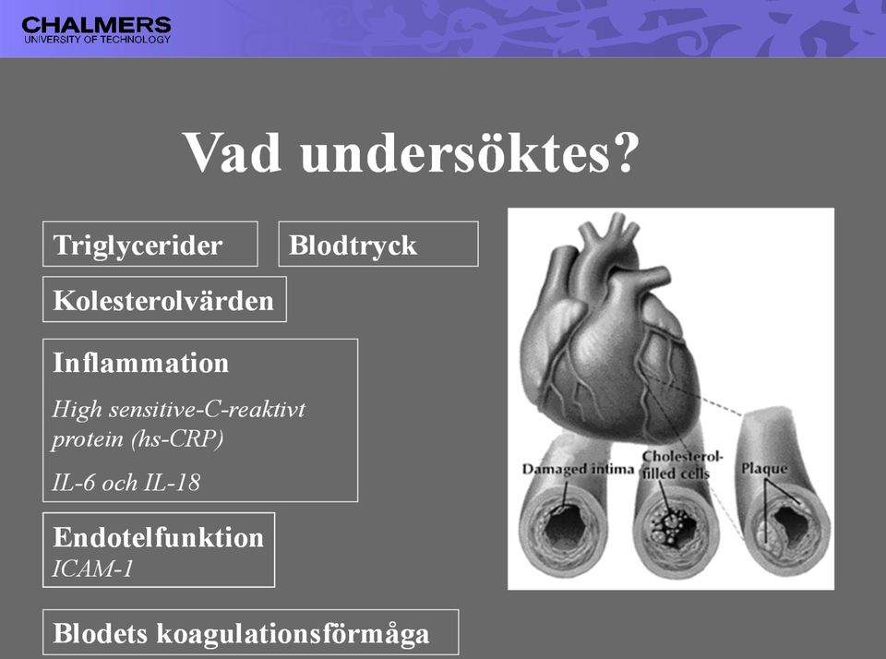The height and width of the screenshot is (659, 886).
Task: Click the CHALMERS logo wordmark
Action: (96, 26)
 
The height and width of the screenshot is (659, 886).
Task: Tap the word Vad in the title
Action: (233, 152)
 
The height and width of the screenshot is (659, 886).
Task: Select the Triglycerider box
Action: (150, 245)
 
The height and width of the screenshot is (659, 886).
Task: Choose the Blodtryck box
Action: (378, 245)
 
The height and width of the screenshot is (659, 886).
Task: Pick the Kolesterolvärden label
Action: (163, 300)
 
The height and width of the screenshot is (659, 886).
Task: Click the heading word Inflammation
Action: (140, 363)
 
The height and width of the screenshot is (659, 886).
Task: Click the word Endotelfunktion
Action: (158, 537)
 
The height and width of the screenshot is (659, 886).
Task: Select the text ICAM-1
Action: (92, 569)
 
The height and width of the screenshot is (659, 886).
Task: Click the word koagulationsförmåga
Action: (293, 634)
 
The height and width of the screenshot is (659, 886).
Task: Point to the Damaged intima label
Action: (578, 469)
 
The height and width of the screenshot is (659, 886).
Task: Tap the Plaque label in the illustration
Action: (764, 469)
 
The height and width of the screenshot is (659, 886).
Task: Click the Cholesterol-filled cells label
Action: (681, 464)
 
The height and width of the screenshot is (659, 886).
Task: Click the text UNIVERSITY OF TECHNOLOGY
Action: (97, 40)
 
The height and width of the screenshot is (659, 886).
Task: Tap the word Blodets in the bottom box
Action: (100, 633)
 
